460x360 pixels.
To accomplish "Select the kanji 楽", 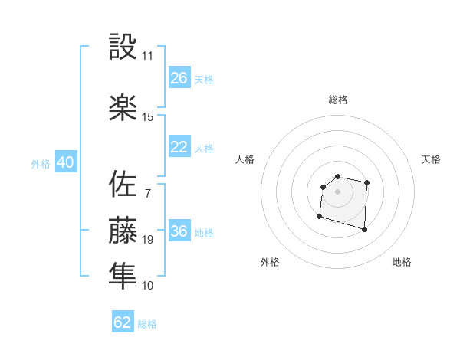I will (x=123, y=107).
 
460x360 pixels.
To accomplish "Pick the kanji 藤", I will (x=123, y=229).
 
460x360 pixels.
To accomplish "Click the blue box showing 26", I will (x=179, y=78).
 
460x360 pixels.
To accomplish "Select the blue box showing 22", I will (x=179, y=147).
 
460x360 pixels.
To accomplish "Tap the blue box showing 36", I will (x=179, y=232).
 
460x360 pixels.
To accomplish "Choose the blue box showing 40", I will (x=65, y=163).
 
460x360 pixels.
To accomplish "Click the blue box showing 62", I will (x=123, y=322).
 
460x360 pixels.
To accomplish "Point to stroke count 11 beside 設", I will (x=147, y=55).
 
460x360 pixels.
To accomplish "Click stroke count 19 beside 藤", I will (x=147, y=240).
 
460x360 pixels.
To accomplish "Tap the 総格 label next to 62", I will (x=147, y=324).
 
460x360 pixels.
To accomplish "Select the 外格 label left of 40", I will (x=41, y=164).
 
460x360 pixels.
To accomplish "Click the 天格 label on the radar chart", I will (x=432, y=159).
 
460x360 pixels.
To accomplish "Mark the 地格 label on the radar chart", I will (x=402, y=263).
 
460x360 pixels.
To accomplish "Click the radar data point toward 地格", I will (x=364, y=229).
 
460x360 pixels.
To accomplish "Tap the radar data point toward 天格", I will (x=367, y=182).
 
